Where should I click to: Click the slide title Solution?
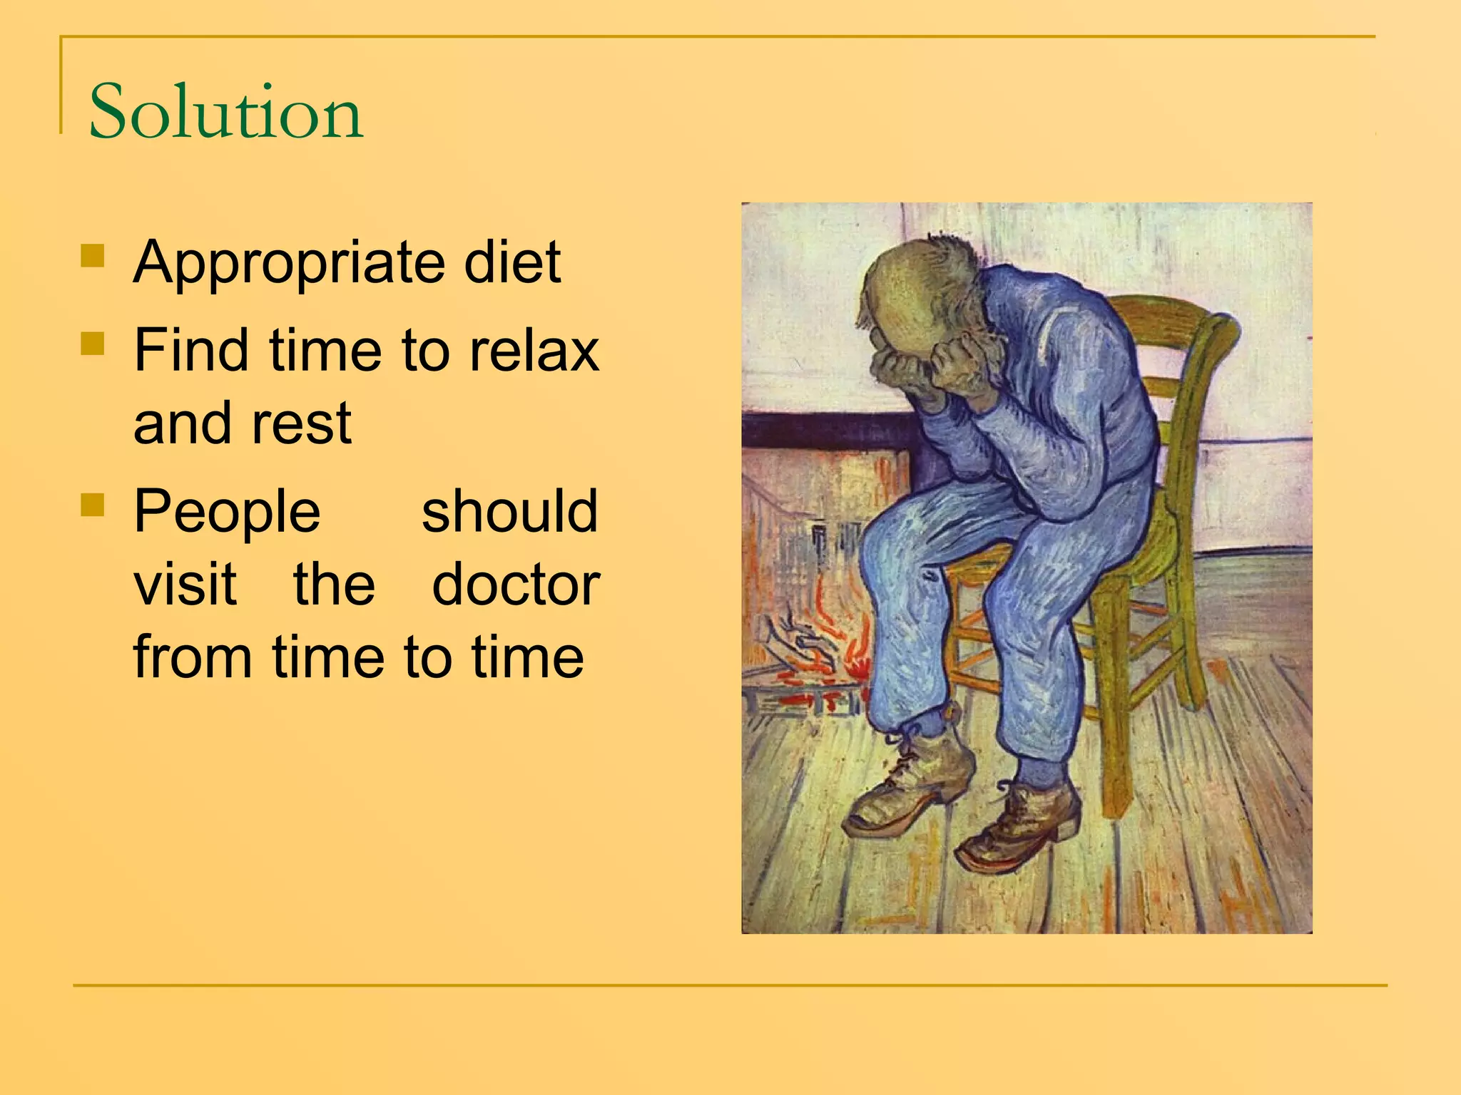[225, 111]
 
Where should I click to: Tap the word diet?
[512, 262]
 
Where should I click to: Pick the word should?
[509, 512]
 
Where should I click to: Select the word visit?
[185, 585]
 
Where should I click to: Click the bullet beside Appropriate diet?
[93, 255]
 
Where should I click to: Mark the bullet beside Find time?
[93, 344]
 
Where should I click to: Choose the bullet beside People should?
[93, 505]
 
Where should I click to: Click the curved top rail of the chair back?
[1177, 314]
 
